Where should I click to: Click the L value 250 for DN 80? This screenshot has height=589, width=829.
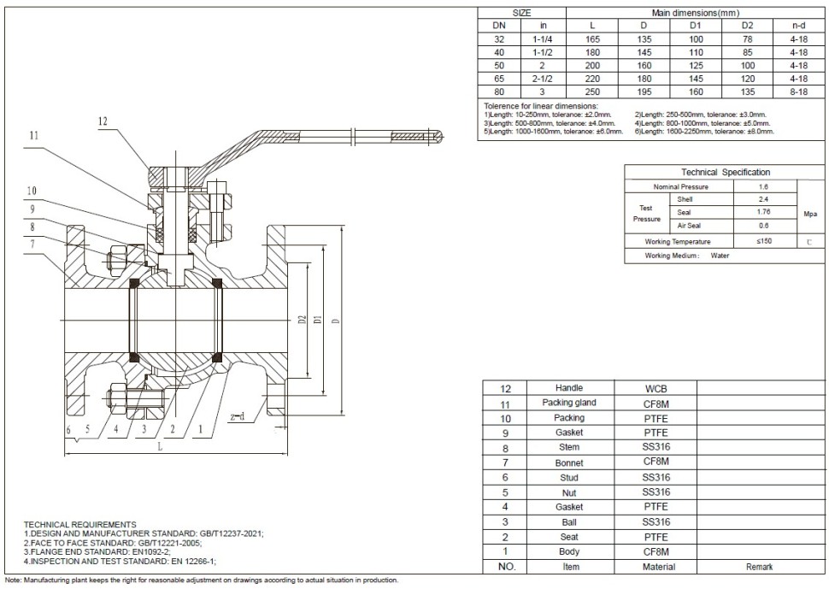pyautogui.click(x=569, y=91)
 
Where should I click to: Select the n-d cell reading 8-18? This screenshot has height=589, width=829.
pyautogui.click(x=799, y=91)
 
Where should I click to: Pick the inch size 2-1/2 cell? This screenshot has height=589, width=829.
pyautogui.click(x=520, y=78)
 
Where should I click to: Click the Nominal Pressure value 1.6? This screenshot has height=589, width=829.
pyautogui.click(x=764, y=186)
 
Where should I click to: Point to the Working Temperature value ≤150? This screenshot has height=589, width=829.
pyautogui.click(x=764, y=242)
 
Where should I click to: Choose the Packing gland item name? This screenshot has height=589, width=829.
pyautogui.click(x=569, y=403)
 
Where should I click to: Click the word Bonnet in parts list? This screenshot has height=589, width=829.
pyautogui.click(x=569, y=462)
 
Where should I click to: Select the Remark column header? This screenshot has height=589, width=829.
pyautogui.click(x=759, y=567)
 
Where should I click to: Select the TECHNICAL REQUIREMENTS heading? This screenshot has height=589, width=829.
pyautogui.click(x=79, y=524)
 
